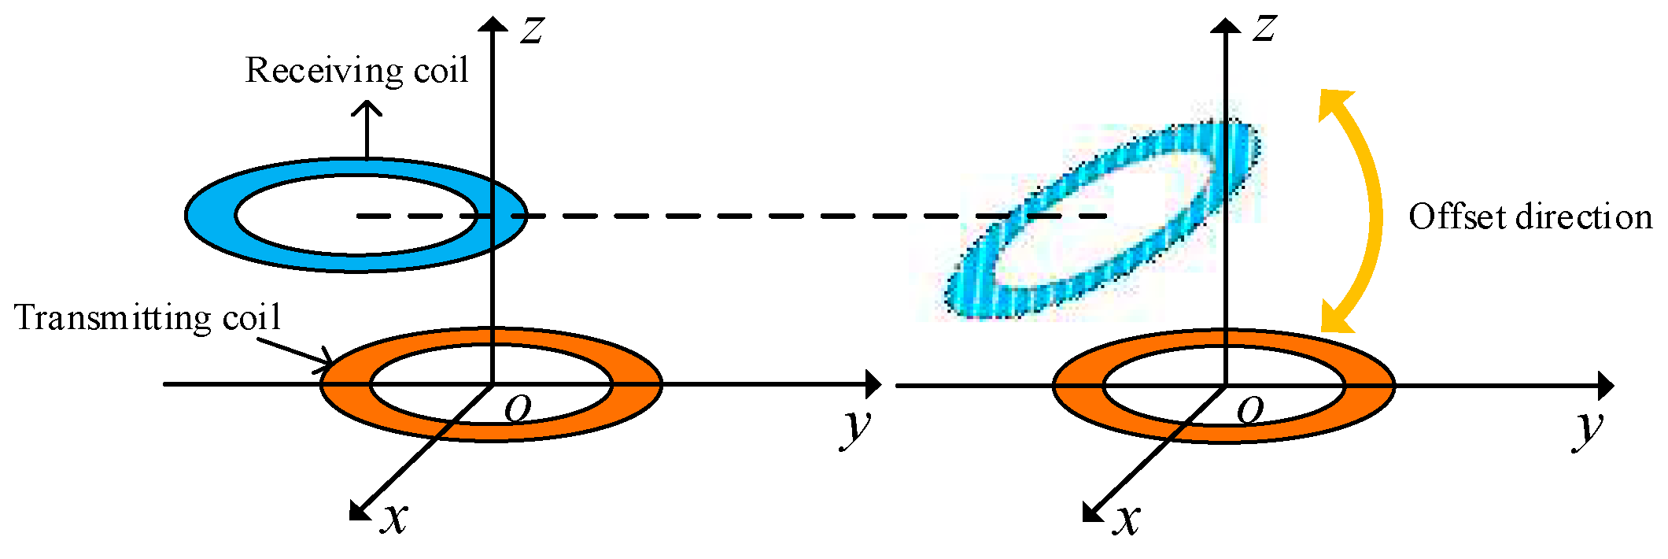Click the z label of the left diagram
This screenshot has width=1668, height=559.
(533, 30)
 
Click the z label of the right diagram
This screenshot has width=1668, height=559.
(1264, 28)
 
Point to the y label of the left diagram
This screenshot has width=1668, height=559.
(857, 427)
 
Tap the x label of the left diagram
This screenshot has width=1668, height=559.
(394, 518)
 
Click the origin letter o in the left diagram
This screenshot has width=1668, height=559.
(518, 408)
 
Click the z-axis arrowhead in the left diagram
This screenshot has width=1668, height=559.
(493, 24)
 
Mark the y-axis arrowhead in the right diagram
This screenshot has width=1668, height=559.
(1605, 386)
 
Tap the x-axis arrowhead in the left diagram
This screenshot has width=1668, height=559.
(359, 511)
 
